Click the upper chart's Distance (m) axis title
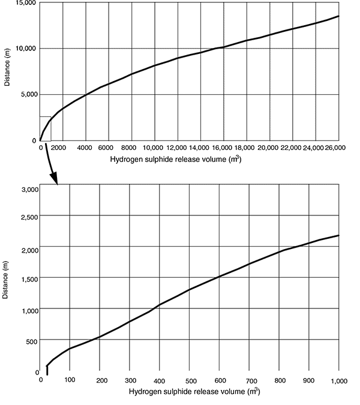(x=7, y=71)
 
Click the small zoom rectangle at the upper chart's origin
(x=45, y=128)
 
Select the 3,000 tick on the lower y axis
(x=29, y=190)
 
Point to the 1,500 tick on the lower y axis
(x=29, y=278)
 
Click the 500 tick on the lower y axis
(x=32, y=341)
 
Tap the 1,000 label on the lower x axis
(x=339, y=381)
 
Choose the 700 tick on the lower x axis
(x=251, y=381)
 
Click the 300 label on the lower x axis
(x=131, y=381)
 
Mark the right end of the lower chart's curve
(x=339, y=235)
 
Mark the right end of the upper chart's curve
(x=339, y=16)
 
